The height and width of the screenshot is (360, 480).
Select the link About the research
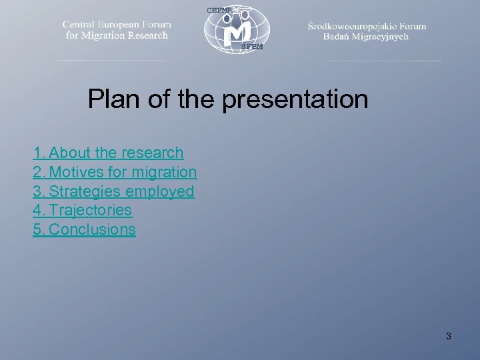(116, 153)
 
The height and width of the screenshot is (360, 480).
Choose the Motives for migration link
(123, 173)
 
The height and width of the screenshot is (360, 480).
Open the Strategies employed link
(121, 192)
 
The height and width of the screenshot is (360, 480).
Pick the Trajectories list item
(90, 211)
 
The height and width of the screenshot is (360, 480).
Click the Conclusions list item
(92, 230)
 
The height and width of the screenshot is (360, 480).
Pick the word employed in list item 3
(162, 192)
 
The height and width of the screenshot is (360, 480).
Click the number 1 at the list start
(37, 153)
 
